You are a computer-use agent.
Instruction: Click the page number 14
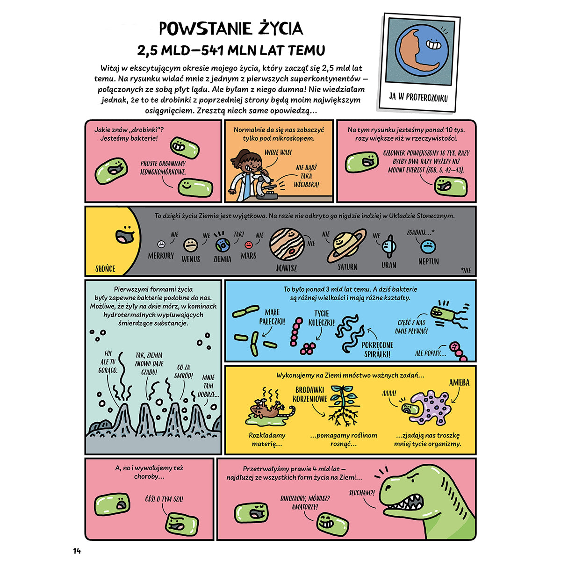(x=77, y=551)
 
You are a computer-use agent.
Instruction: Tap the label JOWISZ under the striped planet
(x=286, y=268)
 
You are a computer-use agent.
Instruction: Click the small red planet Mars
(x=249, y=245)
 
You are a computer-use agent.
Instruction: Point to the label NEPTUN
(x=428, y=262)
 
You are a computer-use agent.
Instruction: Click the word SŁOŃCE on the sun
(x=105, y=269)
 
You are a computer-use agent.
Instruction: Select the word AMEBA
(x=459, y=382)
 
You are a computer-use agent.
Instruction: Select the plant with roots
(x=345, y=404)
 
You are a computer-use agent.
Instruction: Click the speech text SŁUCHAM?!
(x=362, y=493)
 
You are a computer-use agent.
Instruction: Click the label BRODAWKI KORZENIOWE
(x=310, y=395)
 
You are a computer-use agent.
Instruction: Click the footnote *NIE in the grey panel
(x=465, y=270)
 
